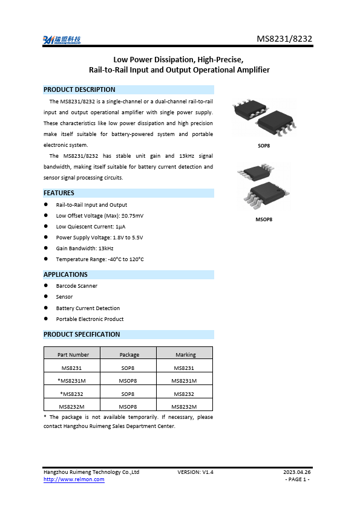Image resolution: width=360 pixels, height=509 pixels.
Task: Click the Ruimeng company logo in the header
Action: click(x=62, y=40)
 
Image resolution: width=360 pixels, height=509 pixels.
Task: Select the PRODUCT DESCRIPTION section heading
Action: click(x=79, y=89)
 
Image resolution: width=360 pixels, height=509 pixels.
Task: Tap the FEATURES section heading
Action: click(x=59, y=193)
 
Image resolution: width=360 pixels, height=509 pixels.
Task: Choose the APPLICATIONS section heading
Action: click(x=65, y=274)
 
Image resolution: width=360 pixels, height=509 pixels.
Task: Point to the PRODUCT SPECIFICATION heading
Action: click(x=82, y=334)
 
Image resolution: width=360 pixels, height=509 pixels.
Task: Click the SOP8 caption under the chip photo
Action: click(x=264, y=146)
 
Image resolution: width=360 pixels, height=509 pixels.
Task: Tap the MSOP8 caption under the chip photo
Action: click(x=264, y=219)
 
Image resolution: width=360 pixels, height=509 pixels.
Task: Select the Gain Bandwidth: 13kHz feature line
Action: click(x=85, y=248)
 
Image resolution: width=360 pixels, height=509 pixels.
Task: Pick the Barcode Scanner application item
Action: click(x=76, y=286)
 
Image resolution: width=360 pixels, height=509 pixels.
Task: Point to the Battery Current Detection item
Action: click(x=88, y=308)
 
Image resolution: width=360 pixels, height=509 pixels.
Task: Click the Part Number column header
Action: click(x=73, y=355)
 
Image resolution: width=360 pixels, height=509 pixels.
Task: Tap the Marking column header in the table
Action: click(x=185, y=355)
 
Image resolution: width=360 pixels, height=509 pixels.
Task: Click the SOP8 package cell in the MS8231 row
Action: click(x=128, y=368)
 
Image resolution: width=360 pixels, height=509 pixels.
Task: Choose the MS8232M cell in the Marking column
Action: click(x=185, y=407)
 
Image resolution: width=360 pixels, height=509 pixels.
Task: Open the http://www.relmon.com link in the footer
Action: click(x=74, y=479)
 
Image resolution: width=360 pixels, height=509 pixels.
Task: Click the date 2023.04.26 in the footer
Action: click(x=297, y=472)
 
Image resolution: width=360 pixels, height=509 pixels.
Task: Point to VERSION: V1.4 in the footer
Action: click(x=195, y=472)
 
